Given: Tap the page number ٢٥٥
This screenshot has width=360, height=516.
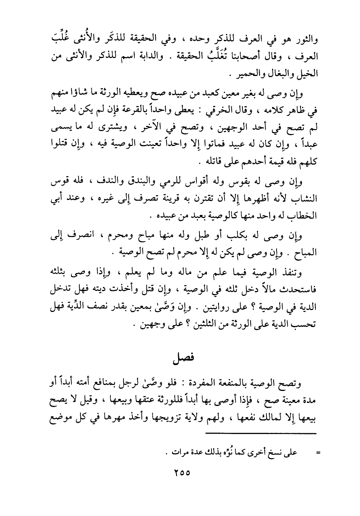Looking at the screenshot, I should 182,473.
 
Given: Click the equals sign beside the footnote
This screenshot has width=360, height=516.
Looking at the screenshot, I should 318,453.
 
